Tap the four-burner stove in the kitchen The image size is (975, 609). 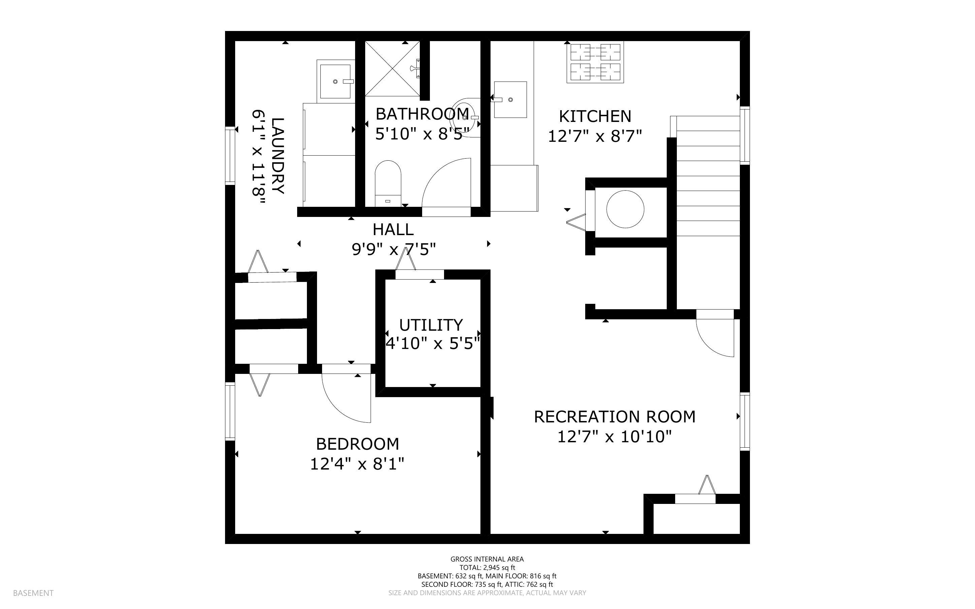coord(595,62)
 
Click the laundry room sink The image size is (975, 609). coord(335,81)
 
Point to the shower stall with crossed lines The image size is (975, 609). coord(392,68)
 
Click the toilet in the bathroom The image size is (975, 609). coord(388,183)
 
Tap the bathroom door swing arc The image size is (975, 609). coord(445,183)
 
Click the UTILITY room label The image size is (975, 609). coord(431,325)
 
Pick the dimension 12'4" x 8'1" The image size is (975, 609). coord(357,464)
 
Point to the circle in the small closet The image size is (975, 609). coord(625,210)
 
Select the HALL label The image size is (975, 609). coord(393,230)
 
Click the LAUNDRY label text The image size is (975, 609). coord(278,156)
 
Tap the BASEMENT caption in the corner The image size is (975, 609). coord(33,593)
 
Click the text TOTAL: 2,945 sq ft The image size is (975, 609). coord(487,568)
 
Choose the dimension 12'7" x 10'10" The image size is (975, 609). coord(615,437)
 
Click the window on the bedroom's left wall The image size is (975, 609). coord(230,411)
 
